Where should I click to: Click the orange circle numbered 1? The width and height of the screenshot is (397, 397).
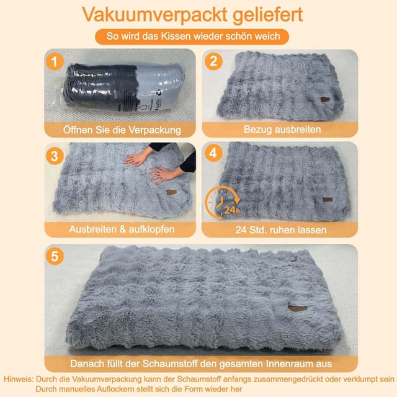point(55,61)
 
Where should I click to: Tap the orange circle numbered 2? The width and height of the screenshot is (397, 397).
point(213,61)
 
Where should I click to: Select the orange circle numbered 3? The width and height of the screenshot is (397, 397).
point(55,156)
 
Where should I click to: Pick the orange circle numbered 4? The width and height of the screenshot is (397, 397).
point(213,153)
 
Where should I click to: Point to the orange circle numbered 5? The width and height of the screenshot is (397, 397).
point(55,256)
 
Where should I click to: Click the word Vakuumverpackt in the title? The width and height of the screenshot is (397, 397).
point(154,15)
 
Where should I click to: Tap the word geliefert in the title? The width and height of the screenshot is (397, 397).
point(267,15)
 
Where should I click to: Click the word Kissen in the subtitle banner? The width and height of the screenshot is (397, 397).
point(175,37)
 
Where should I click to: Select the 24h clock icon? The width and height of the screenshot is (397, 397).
point(222,203)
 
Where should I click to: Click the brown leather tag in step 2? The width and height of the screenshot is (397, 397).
point(325,99)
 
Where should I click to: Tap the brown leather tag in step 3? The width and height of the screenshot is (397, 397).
point(171,192)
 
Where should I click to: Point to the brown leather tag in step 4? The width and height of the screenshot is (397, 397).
point(328,200)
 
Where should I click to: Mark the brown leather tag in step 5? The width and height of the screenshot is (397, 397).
point(298,308)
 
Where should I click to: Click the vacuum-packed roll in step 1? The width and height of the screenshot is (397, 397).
point(123,87)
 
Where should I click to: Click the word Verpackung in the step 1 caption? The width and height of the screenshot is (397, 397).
point(154,130)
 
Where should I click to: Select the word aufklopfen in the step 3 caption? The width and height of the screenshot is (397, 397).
point(151,230)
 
